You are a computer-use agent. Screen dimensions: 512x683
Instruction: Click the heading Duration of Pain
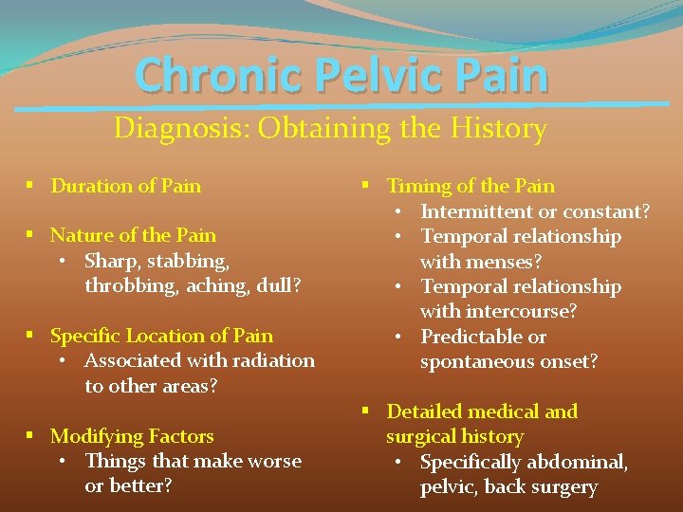click(x=125, y=186)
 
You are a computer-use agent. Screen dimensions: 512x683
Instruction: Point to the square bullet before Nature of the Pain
click(x=32, y=235)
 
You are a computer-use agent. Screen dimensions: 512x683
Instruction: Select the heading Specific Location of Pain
click(x=161, y=336)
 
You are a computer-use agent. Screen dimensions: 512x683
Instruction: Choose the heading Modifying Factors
click(x=132, y=436)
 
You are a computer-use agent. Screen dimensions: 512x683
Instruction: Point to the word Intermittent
click(x=476, y=211)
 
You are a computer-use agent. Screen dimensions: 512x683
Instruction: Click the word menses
click(x=508, y=262)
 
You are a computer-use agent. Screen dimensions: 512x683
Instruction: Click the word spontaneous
click(x=477, y=362)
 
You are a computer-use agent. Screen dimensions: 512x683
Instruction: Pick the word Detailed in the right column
click(x=424, y=411)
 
